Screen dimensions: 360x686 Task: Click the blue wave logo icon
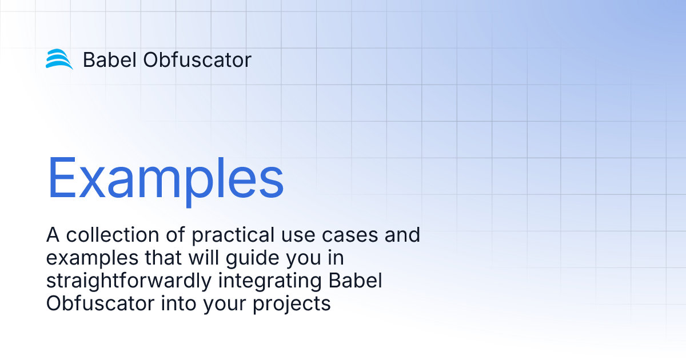pyautogui.click(x=59, y=59)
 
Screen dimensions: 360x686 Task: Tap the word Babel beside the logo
pyautogui.click(x=109, y=59)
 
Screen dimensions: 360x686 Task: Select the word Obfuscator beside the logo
pyautogui.click(x=197, y=59)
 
